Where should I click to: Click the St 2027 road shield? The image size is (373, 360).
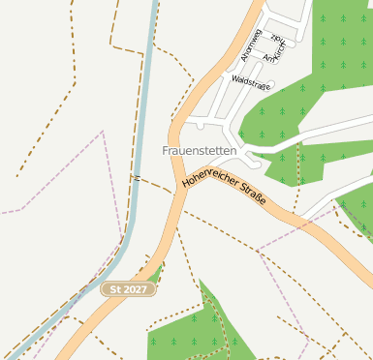128,289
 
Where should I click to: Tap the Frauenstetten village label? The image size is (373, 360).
199,151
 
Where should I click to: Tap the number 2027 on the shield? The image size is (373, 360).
135,289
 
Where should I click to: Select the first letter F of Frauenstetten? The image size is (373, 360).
165,151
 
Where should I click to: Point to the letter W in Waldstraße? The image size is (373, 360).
234,78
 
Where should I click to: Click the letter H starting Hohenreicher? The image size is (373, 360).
185,182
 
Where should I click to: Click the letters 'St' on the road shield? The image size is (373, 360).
115,289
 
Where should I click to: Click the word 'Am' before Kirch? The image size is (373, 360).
270,59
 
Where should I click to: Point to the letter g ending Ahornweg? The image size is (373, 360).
259,31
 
